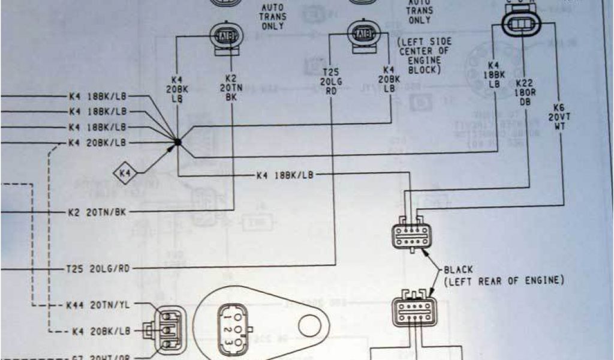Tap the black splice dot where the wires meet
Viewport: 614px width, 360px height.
(177, 142)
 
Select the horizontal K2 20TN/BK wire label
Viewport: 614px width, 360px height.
(97, 212)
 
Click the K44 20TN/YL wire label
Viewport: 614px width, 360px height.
(98, 305)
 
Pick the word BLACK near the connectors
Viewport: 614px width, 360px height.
(459, 270)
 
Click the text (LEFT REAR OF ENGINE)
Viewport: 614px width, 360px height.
(504, 281)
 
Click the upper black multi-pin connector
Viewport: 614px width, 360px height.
(412, 236)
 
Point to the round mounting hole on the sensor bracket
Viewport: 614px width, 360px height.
(310, 326)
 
